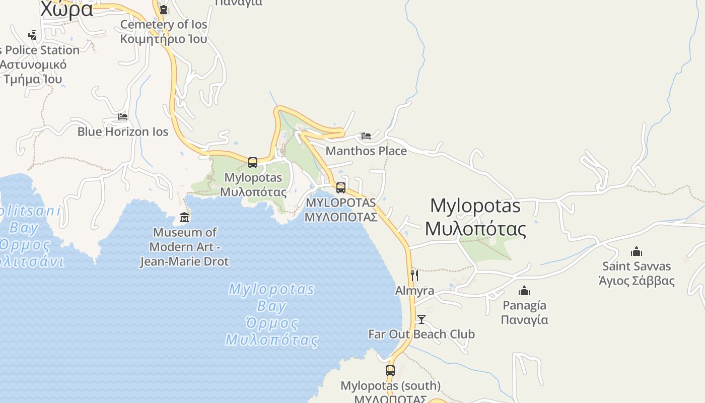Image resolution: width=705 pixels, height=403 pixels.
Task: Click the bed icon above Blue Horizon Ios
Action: point(123,117)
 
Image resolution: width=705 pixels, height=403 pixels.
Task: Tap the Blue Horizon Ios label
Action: point(123,131)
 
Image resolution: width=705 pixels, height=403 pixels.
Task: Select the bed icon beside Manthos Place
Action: point(366,136)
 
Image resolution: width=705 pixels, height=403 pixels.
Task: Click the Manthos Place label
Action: point(366,151)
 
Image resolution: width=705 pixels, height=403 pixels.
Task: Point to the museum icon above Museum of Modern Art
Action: point(184,218)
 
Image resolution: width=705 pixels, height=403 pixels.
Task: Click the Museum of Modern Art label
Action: point(184,247)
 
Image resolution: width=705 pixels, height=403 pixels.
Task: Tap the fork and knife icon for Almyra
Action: point(414,275)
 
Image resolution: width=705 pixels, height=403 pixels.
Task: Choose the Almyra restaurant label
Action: point(414,291)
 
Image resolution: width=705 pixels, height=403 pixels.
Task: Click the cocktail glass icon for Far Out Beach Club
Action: point(421,319)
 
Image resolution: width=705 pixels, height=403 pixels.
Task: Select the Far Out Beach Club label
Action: point(421,334)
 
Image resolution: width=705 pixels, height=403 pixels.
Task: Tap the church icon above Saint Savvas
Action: point(637,251)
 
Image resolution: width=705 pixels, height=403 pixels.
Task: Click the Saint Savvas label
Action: point(637,273)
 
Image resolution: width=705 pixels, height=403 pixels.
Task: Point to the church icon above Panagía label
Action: point(524,291)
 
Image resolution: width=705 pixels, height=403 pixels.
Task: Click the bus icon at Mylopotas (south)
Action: point(390,371)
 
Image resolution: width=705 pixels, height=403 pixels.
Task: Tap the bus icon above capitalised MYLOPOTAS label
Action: point(341,188)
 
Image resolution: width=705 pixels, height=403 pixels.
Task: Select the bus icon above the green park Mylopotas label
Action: point(253,163)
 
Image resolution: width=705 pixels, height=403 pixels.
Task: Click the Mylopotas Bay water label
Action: point(272,314)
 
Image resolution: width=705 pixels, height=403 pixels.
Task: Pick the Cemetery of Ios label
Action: point(164,31)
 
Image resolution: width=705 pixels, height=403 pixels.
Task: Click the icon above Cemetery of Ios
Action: point(164,10)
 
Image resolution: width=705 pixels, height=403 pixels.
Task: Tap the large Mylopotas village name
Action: point(475,217)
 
